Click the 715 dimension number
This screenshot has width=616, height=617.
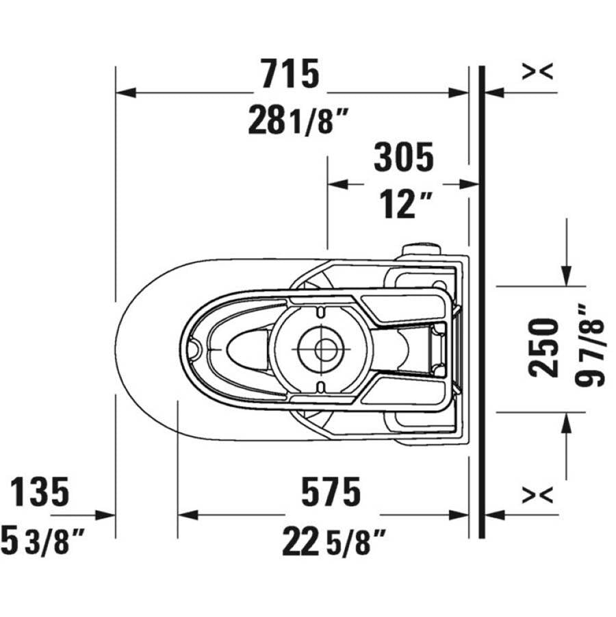coord(290,73)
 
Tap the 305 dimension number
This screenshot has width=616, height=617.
coord(404,157)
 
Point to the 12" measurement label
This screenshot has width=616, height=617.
coord(406,205)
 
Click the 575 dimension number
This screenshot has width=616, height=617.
coord(331,491)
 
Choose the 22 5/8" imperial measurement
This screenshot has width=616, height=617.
coord(333,542)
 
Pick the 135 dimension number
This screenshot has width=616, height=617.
coord(39,492)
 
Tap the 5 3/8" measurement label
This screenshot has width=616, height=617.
coord(42,541)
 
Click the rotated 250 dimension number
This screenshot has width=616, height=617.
coord(543,349)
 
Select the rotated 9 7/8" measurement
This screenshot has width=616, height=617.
coord(589,346)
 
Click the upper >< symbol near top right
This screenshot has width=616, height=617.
coord(537,71)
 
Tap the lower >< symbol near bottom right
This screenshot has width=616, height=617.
coord(537,494)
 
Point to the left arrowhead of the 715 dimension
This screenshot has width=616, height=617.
coord(126,93)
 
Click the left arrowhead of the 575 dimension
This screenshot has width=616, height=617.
coord(188,515)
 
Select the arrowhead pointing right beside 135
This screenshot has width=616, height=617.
coord(105,515)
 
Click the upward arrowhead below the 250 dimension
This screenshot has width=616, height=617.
coord(566,423)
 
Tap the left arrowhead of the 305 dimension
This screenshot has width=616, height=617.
coord(338,184)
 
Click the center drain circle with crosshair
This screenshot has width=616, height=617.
coord(322,349)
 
